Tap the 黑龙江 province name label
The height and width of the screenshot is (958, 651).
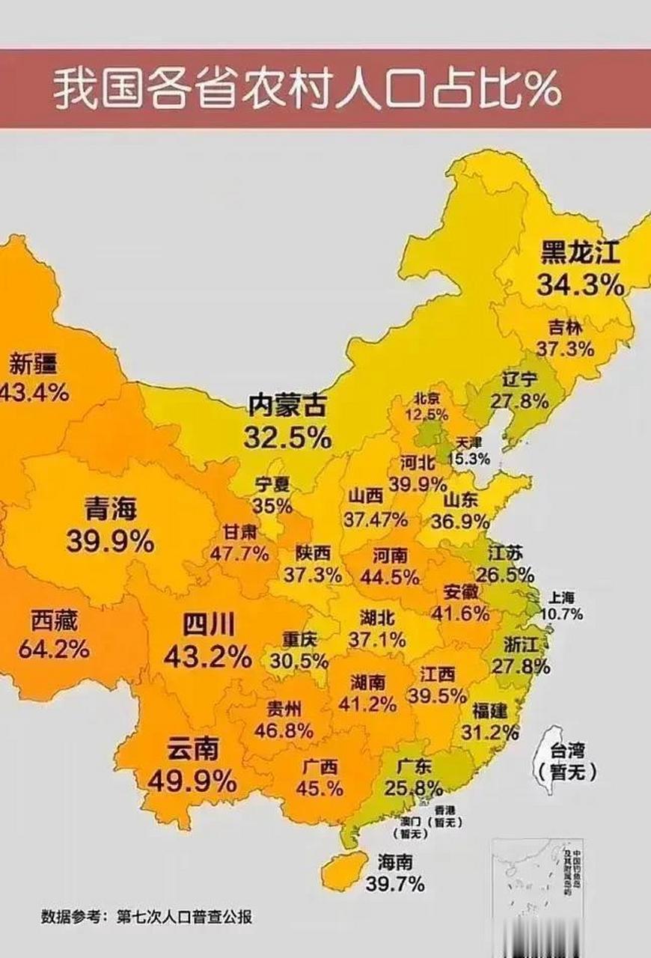pyautogui.click(x=580, y=254)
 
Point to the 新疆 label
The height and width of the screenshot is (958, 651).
pyautogui.click(x=34, y=364)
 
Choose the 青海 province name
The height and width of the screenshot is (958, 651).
pyautogui.click(x=111, y=510)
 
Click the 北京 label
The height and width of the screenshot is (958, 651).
pyautogui.click(x=428, y=397)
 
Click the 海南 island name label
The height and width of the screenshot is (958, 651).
pyautogui.click(x=395, y=861)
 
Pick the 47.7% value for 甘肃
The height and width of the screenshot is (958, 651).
pyautogui.click(x=239, y=554)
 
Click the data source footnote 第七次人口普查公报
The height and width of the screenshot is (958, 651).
pyautogui.click(x=184, y=917)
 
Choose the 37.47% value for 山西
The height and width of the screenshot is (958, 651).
pyautogui.click(x=376, y=519)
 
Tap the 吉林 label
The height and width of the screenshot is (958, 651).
pyautogui.click(x=566, y=327)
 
